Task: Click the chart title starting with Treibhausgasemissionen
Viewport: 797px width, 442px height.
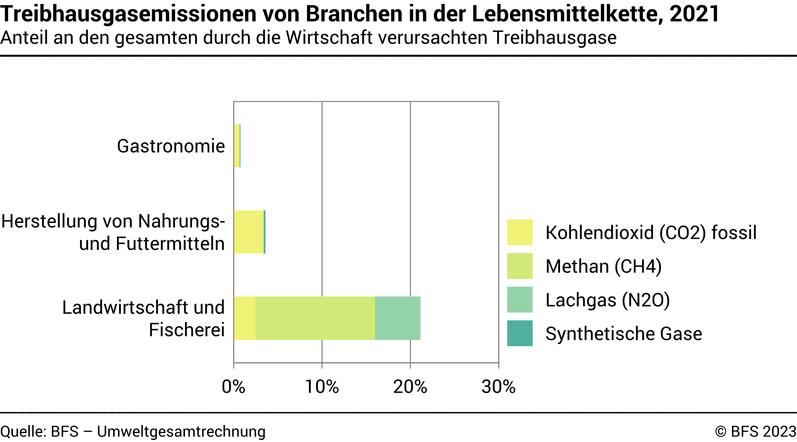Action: [x=360, y=14]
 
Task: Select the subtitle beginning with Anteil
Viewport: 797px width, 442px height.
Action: [x=308, y=38]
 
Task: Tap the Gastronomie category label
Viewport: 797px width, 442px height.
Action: [x=171, y=146]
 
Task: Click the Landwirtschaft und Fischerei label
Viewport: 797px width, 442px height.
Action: [x=144, y=318]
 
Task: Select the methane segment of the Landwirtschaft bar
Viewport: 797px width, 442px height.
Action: [x=315, y=318]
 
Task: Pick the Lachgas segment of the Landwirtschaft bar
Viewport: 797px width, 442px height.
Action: [x=397, y=318]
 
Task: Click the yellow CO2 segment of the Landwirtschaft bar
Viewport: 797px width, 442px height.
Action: [x=244, y=318]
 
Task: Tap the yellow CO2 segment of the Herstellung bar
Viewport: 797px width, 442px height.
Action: [x=249, y=232]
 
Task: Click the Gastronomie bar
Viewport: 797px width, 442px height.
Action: [x=237, y=146]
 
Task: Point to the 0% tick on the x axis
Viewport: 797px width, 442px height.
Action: [x=233, y=387]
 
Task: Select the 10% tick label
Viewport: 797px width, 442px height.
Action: [x=322, y=387]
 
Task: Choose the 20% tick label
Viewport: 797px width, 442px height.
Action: [x=410, y=387]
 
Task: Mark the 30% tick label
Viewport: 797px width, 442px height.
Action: [x=499, y=387]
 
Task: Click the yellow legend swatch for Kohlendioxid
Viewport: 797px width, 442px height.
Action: [x=520, y=232]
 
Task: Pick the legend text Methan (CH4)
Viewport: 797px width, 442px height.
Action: [x=603, y=266]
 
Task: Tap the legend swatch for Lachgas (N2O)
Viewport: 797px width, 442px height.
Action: [x=520, y=300]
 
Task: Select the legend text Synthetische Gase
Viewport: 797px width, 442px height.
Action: [x=624, y=334]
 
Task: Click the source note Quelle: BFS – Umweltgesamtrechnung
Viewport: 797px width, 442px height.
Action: [x=133, y=431]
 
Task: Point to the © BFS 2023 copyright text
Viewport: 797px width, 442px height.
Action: [x=756, y=431]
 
